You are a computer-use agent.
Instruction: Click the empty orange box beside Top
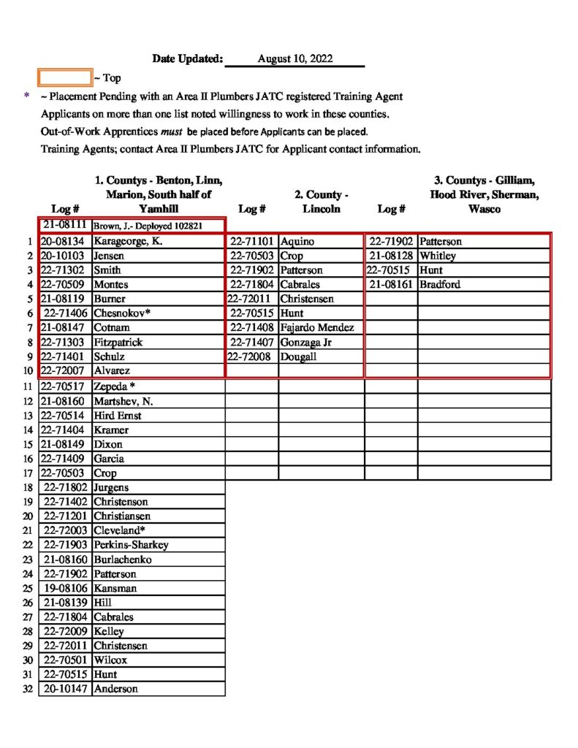(65, 77)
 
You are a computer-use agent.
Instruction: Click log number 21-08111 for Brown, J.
(65, 226)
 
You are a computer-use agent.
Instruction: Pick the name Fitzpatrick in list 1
(118, 343)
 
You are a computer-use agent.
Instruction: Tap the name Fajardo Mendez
(316, 328)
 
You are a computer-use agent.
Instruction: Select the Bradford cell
(440, 285)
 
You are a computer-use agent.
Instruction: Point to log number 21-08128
(392, 256)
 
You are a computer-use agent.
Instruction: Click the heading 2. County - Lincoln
(321, 202)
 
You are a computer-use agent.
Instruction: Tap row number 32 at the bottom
(28, 689)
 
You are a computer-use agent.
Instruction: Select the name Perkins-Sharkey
(131, 545)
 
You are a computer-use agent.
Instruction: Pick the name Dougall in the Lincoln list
(298, 357)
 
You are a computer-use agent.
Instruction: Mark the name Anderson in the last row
(116, 689)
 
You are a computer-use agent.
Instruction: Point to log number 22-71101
(252, 242)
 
